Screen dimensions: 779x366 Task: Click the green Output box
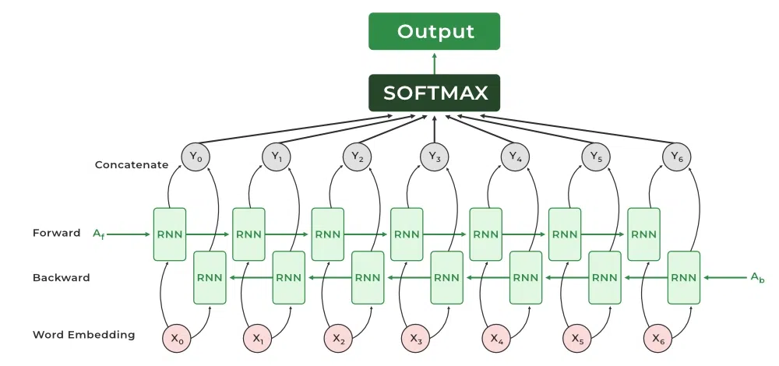click(x=434, y=31)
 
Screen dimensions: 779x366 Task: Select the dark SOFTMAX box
click(x=434, y=93)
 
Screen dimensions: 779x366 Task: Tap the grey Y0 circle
click(x=196, y=157)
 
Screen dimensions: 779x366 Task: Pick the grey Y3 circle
click(x=434, y=157)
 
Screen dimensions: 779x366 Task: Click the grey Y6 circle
click(x=676, y=157)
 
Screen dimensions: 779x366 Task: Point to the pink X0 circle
click(x=177, y=339)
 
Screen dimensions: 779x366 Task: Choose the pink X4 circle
click(x=496, y=339)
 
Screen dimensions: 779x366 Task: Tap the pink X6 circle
click(x=657, y=339)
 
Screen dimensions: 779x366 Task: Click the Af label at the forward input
click(x=99, y=234)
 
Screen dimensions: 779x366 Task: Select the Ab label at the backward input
click(x=757, y=277)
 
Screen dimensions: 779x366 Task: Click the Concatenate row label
click(x=132, y=165)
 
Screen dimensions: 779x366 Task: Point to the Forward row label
click(x=57, y=233)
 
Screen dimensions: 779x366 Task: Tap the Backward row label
click(x=61, y=277)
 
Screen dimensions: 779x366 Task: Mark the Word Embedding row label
click(x=83, y=335)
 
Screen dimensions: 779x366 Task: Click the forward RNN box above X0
click(x=169, y=234)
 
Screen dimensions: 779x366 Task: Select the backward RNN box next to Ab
click(x=684, y=277)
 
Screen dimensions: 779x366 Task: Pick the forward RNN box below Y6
click(x=644, y=234)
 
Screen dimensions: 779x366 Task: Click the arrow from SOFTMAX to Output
click(x=434, y=63)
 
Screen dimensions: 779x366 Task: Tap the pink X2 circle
click(x=338, y=339)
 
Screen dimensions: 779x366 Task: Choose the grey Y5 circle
click(x=596, y=157)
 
